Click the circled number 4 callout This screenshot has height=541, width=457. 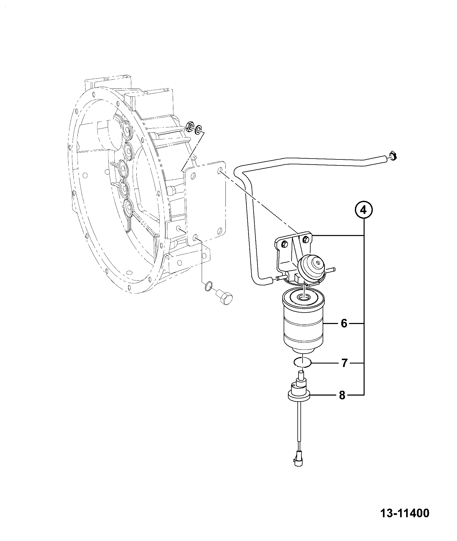(x=363, y=210)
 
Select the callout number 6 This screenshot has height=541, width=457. (x=344, y=323)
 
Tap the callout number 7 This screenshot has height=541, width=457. (x=344, y=363)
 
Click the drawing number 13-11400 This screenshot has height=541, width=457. (x=405, y=513)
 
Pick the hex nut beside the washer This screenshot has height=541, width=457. (x=190, y=126)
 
